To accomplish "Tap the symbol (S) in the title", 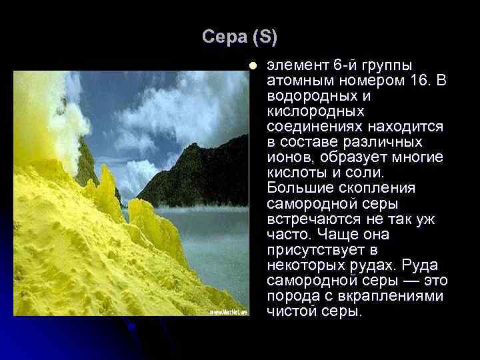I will [265, 38].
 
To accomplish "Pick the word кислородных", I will [315, 111].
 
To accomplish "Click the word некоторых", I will [303, 265].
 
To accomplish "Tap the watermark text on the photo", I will [229, 311].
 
